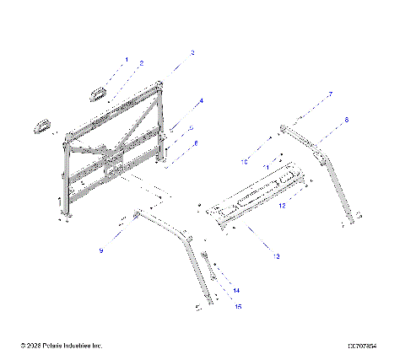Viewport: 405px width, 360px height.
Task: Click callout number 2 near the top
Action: click(141, 63)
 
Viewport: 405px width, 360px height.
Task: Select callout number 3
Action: click(192, 52)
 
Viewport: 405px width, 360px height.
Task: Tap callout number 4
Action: click(201, 101)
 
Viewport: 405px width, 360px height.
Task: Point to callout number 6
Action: click(196, 144)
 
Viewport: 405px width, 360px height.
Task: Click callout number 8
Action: click(345, 121)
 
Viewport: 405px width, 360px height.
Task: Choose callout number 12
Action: click(283, 205)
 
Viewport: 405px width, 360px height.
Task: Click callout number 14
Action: click(236, 289)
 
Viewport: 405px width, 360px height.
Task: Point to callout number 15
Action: click(238, 306)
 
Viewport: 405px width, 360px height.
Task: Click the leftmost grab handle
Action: click(41, 125)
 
